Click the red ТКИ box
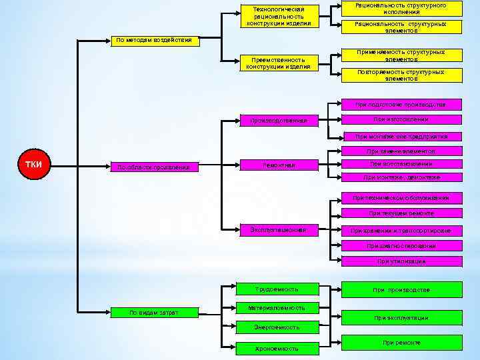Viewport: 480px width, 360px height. point(34,164)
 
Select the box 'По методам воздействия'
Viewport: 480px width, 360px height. point(154,39)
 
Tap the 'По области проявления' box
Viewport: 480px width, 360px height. point(154,167)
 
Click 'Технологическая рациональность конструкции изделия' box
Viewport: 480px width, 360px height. point(278,17)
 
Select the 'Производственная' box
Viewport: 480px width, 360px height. point(278,121)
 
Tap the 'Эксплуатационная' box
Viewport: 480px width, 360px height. point(278,230)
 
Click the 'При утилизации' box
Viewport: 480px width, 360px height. point(401,261)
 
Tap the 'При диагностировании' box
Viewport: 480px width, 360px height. point(401,246)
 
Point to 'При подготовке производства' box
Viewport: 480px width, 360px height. point(401,105)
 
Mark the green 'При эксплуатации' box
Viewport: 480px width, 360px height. point(401,317)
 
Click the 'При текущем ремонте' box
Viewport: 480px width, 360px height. point(401,213)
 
